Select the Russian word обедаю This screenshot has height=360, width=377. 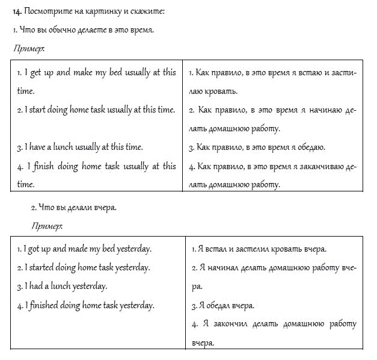coord(308,146)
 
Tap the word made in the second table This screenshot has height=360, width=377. coord(76,248)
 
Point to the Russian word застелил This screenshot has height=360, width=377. coord(245,248)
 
